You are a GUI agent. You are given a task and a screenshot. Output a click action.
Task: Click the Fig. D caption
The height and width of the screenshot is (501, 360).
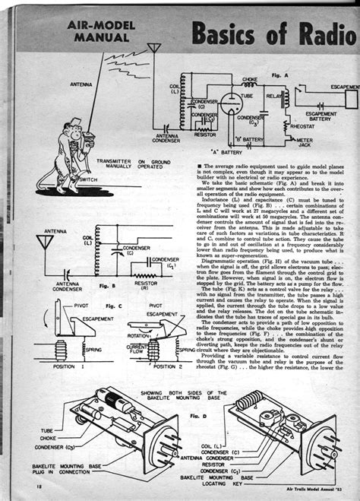pos(198,417)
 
